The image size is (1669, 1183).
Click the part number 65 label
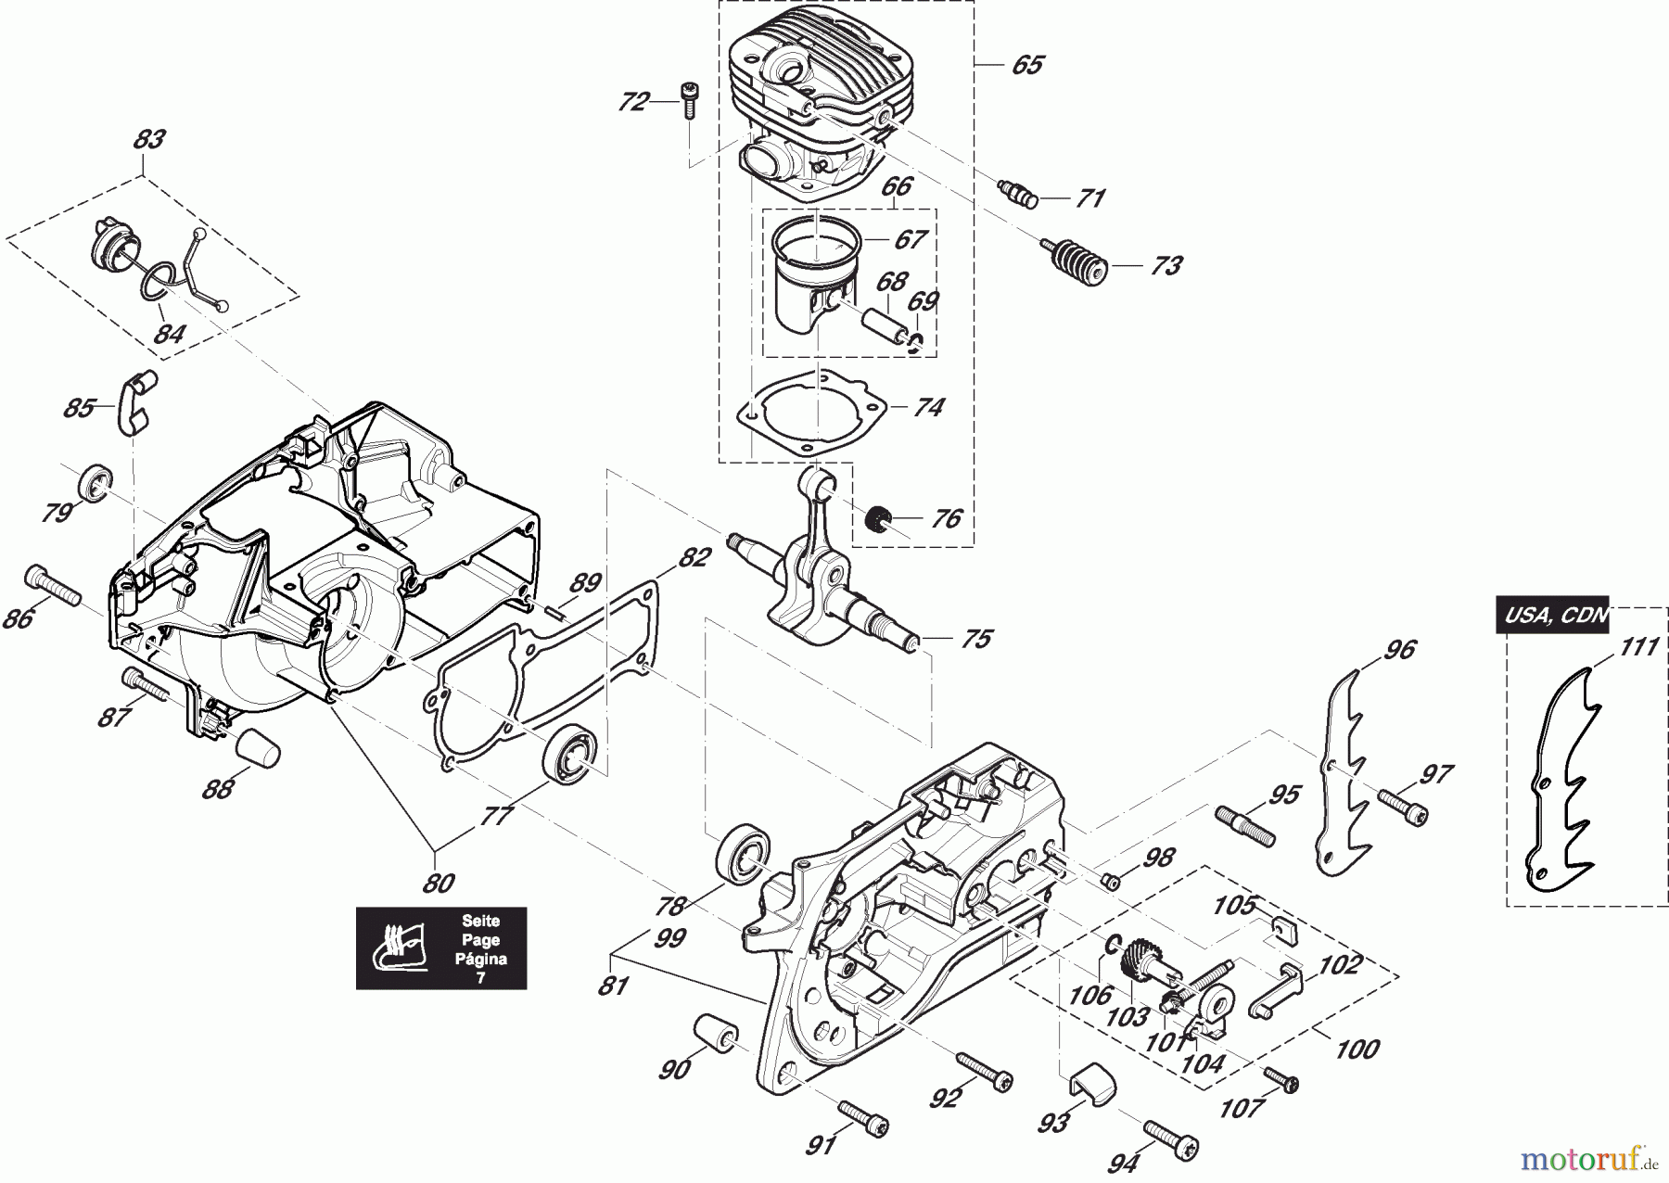pyautogui.click(x=1026, y=65)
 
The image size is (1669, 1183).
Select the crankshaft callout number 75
pyautogui.click(x=976, y=639)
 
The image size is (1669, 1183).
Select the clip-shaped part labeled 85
pyautogui.click(x=134, y=402)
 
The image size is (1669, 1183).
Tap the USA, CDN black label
pyautogui.click(x=1552, y=615)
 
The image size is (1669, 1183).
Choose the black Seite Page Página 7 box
pyautogui.click(x=441, y=948)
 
